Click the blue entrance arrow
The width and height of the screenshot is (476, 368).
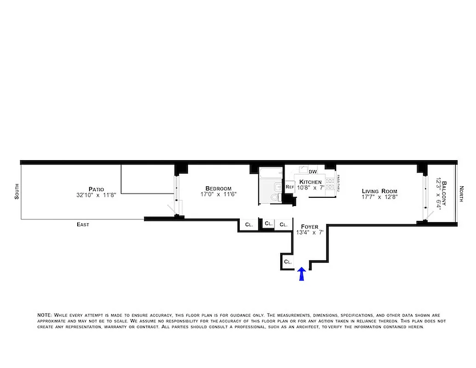(x=301, y=274)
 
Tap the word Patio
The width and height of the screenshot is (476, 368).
(x=96, y=189)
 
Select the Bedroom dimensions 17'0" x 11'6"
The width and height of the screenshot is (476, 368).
(x=218, y=195)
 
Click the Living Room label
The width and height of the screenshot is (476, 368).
(x=379, y=191)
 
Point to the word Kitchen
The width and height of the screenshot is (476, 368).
(x=311, y=182)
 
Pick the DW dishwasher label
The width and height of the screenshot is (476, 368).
(x=312, y=172)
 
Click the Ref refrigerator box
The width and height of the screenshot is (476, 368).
(x=289, y=187)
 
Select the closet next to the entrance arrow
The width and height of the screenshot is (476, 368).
(x=288, y=261)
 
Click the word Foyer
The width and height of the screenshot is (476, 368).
(x=309, y=226)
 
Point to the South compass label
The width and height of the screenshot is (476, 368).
(x=17, y=191)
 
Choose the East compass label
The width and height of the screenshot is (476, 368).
(x=83, y=224)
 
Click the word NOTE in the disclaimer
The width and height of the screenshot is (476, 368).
(x=45, y=315)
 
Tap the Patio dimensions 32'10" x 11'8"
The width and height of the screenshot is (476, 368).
(x=97, y=195)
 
